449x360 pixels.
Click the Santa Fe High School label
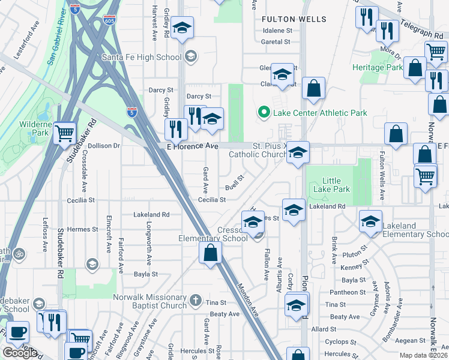coord(141,57)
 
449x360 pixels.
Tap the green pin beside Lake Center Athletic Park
coord(262,112)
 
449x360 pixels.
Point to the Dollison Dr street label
coord(104,145)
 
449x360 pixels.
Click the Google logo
coord(20,353)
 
